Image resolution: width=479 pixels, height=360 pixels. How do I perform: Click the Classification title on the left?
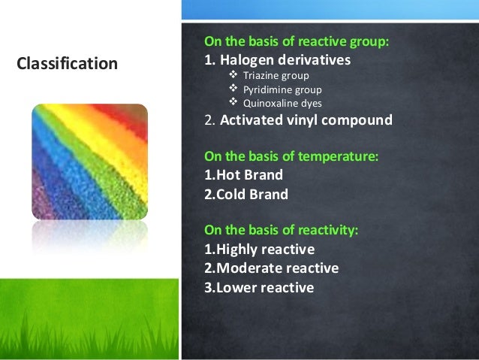coord(67,64)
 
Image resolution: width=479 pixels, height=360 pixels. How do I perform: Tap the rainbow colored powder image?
coord(89,161)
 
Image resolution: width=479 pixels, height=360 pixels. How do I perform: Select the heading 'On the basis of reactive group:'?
coord(296,42)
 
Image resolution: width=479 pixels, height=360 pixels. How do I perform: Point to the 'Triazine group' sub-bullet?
coord(276,76)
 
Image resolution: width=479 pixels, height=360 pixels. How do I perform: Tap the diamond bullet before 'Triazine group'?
coord(233,76)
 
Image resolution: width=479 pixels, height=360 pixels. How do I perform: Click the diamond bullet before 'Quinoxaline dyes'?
coord(233,103)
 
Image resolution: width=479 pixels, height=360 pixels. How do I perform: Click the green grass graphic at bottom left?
coord(89,323)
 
